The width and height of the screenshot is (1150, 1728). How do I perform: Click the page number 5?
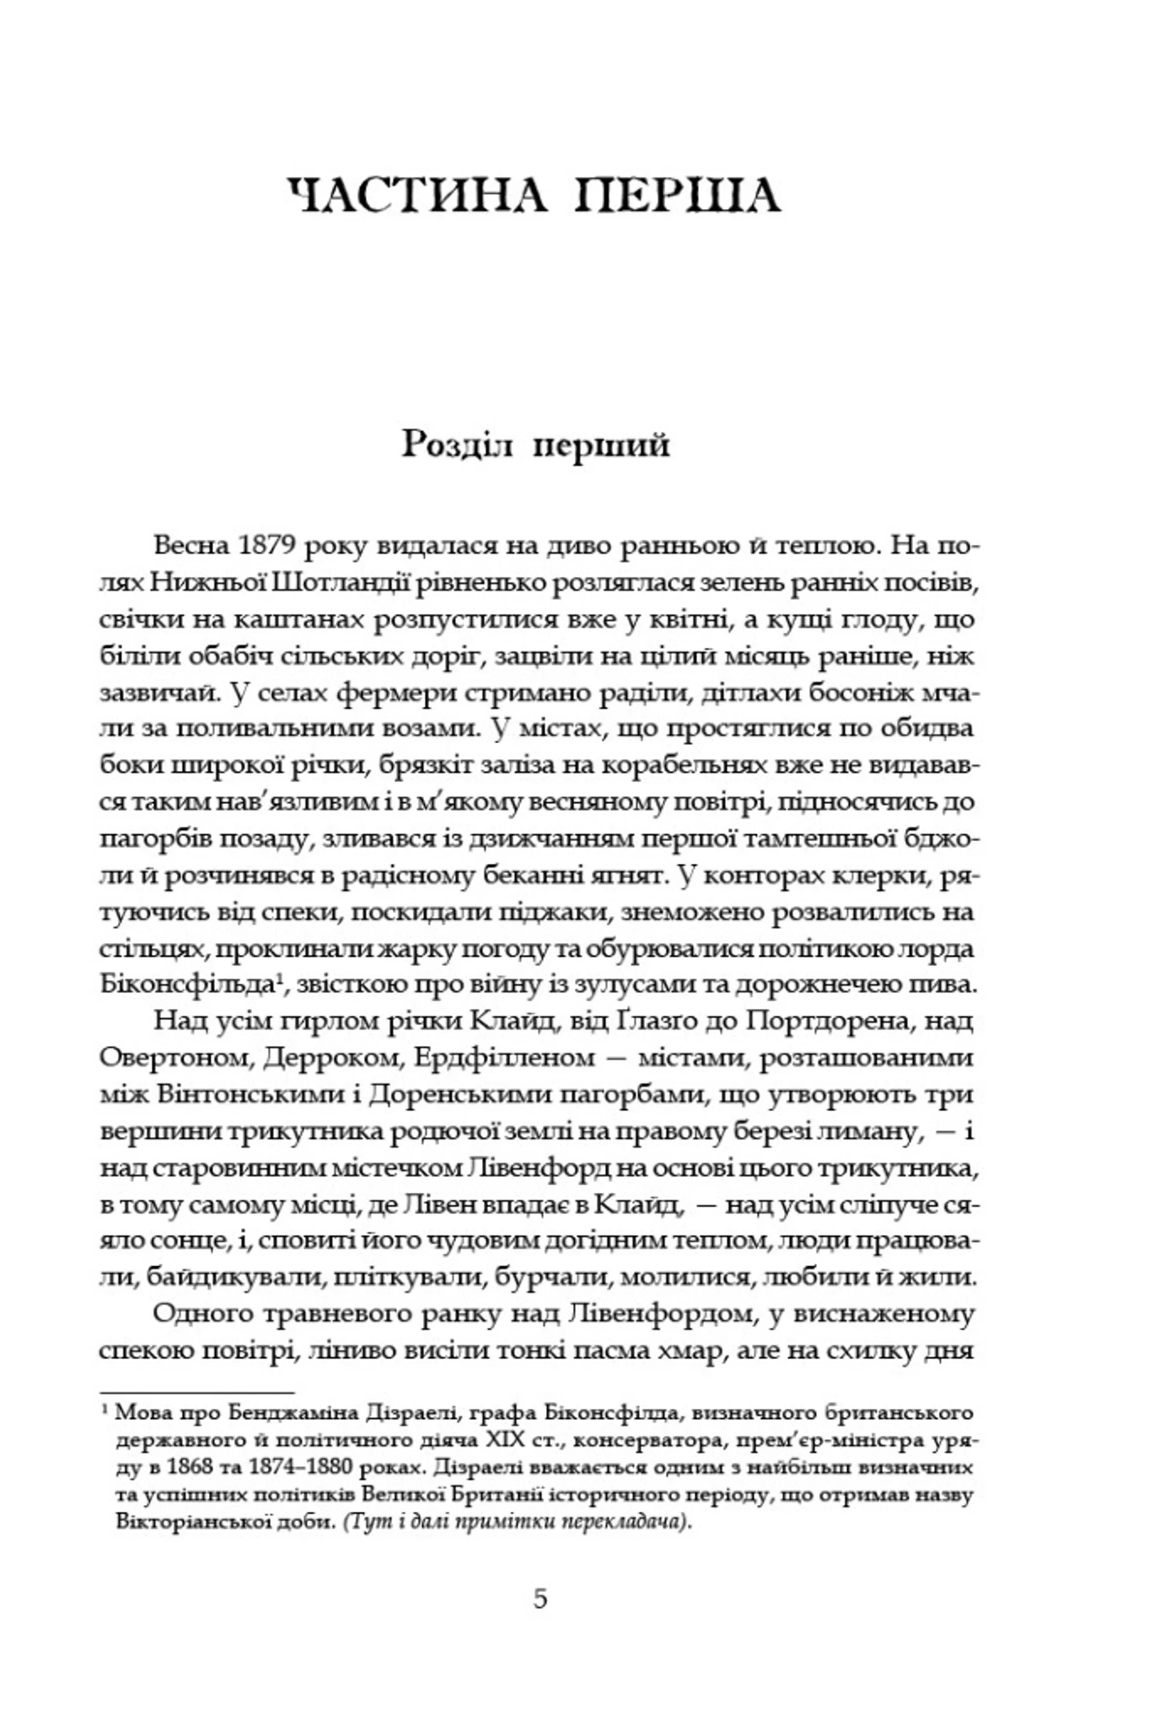540,1598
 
